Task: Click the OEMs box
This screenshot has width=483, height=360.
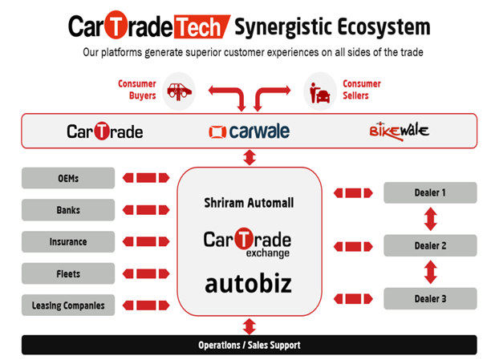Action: pyautogui.click(x=68, y=178)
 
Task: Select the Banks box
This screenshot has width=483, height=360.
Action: pyautogui.click(x=68, y=210)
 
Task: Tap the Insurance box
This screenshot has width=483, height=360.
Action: pyautogui.click(x=68, y=241)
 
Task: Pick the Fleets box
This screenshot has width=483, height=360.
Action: pyautogui.click(x=68, y=273)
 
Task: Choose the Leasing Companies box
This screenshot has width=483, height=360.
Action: pyautogui.click(x=68, y=305)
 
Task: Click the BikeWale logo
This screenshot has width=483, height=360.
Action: pyautogui.click(x=398, y=130)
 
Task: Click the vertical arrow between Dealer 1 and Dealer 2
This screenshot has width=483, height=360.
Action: pyautogui.click(x=430, y=219)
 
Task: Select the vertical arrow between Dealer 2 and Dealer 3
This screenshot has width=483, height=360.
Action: pyautogui.click(x=430, y=272)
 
